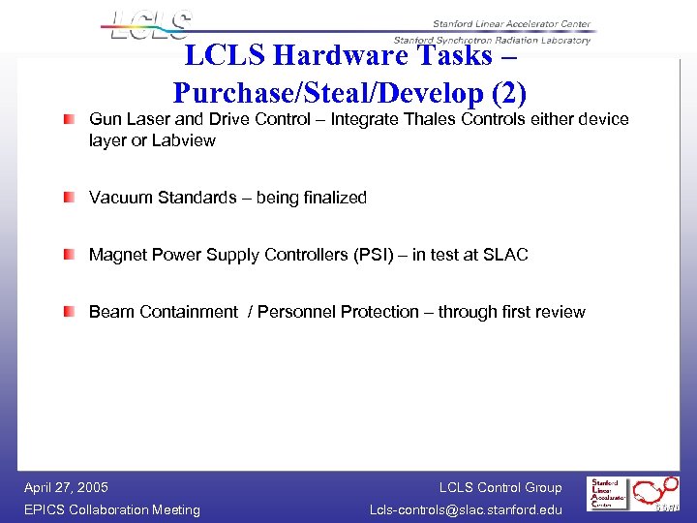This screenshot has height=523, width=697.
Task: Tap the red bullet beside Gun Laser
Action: (70, 120)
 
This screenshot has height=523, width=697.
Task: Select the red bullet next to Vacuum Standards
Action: (70, 198)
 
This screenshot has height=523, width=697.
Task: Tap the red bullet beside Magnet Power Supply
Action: (70, 255)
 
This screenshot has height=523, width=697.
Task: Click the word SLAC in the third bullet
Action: (506, 255)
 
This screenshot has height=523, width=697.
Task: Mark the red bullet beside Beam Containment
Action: (70, 312)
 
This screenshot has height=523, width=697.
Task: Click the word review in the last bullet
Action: (561, 312)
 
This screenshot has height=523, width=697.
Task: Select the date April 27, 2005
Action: (66, 487)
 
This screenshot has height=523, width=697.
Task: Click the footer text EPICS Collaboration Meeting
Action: (112, 509)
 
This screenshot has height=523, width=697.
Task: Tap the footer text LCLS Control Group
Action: (500, 487)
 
